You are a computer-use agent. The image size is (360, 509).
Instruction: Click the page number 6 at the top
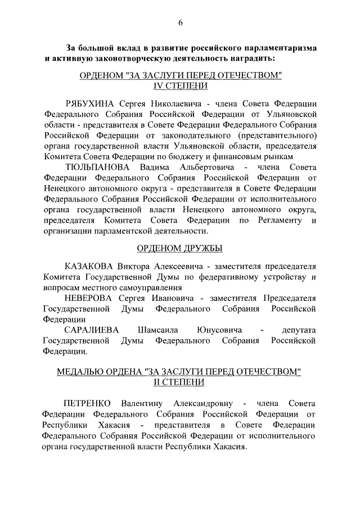[x=180, y=22]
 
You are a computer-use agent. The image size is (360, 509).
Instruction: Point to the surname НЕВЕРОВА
[x=91, y=298]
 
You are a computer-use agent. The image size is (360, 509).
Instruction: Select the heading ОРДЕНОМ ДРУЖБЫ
[x=180, y=248]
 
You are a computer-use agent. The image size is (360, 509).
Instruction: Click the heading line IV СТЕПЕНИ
[x=180, y=86]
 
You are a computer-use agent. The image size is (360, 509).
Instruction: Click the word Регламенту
[x=280, y=220]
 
